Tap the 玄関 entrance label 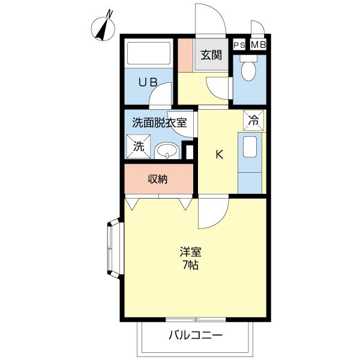[211, 56]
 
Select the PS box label [239, 44]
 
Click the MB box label [258, 44]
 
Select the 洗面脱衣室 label [160, 123]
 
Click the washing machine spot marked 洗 [139, 146]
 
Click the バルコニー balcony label [195, 334]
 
